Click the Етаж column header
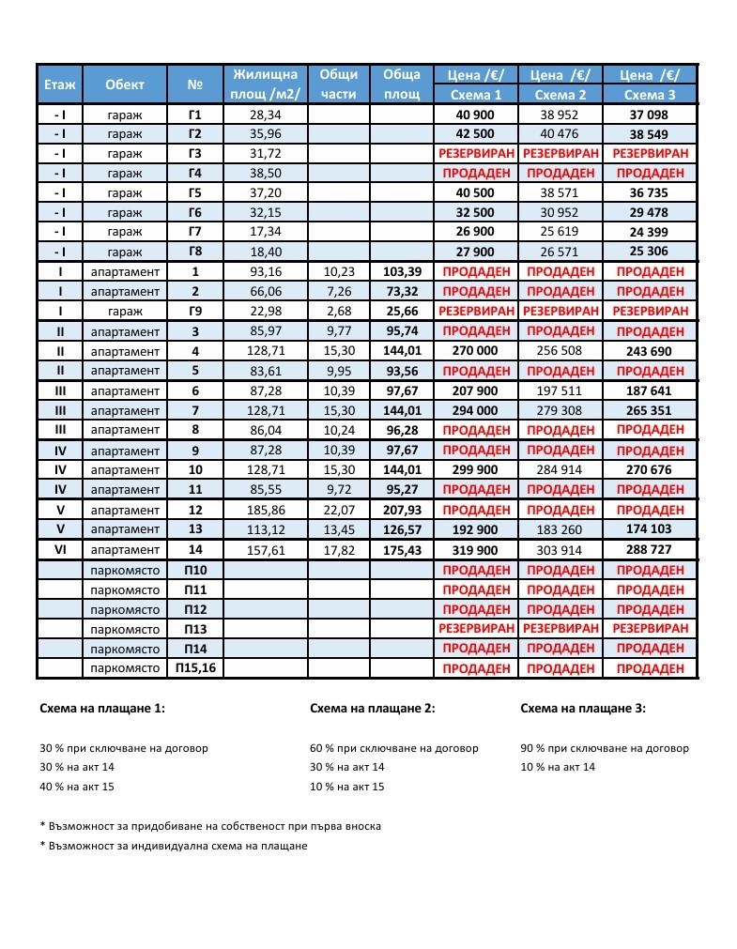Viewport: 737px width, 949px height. click(59, 84)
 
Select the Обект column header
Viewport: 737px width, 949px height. click(125, 84)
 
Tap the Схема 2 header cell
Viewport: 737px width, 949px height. click(560, 95)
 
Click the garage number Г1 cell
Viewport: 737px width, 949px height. click(195, 115)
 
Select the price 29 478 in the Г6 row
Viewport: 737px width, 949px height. click(650, 212)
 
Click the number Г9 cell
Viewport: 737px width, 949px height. click(195, 311)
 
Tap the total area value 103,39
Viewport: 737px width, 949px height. click(401, 271)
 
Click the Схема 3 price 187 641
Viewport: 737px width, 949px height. click(650, 390)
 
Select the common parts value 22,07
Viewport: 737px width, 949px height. click(338, 510)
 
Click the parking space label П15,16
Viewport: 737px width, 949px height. click(195, 668)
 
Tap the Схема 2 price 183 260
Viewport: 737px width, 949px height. click(560, 529)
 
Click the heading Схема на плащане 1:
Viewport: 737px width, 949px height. click(102, 709)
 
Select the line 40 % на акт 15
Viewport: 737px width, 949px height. click(77, 787)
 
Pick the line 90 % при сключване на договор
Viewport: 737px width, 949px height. click(604, 748)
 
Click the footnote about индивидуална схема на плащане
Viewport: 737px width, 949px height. click(174, 846)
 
